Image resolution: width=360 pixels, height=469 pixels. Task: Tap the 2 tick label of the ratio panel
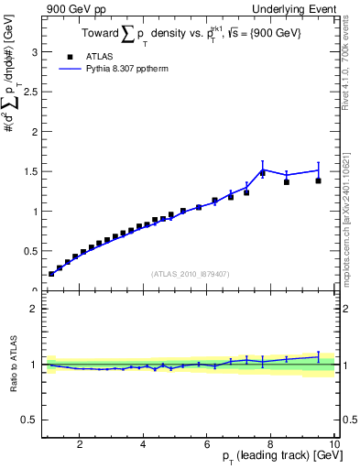point(34,309)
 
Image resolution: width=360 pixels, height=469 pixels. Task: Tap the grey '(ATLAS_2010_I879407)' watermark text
point(189,272)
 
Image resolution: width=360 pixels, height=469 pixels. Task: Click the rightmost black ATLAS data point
point(319,180)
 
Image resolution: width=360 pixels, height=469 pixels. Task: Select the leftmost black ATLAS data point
point(51,273)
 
